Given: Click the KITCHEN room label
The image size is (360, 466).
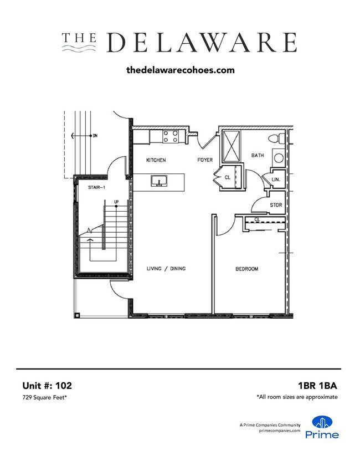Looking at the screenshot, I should point(156,160).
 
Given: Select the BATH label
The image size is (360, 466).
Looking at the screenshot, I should point(257,155).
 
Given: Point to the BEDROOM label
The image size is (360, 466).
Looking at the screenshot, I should point(247,269).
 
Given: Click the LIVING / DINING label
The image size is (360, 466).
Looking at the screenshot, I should point(166,269).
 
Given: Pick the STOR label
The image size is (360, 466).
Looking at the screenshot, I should point(276,205).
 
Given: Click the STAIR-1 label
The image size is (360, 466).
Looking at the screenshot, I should point(97,188).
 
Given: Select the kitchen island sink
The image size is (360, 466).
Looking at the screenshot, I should point(160,181).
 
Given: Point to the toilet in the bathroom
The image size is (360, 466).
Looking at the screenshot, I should point(275,138).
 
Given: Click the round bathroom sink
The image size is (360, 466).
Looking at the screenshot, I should point(279,158).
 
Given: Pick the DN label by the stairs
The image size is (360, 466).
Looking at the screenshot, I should point(95,135).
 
